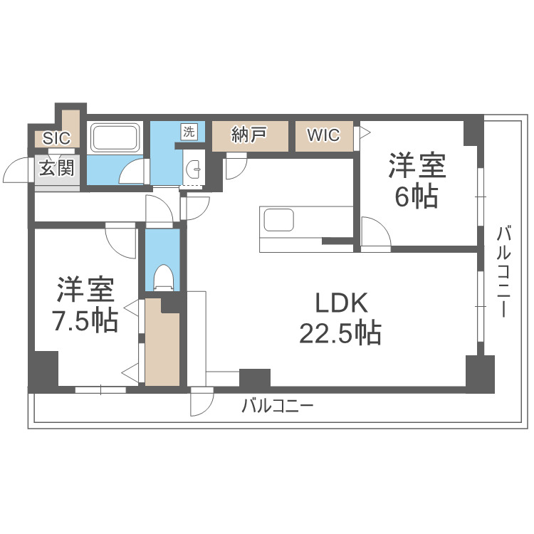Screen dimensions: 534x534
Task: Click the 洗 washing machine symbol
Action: click(x=189, y=131)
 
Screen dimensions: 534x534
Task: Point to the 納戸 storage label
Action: click(x=249, y=135)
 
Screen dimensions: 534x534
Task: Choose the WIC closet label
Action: click(x=323, y=135)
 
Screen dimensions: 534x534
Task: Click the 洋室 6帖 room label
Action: click(x=417, y=182)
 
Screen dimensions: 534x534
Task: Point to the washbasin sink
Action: click(x=192, y=169)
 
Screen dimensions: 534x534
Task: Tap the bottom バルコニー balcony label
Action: click(x=277, y=407)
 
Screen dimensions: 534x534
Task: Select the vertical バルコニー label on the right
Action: click(x=504, y=271)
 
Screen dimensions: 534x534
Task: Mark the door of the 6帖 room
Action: click(x=375, y=232)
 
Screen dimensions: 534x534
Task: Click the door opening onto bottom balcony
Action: click(x=201, y=403)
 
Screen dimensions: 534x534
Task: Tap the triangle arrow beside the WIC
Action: click(x=363, y=132)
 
